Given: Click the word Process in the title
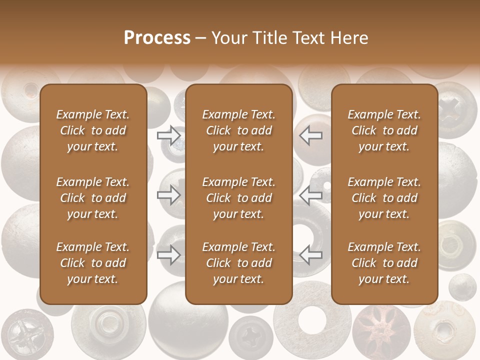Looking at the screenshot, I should pyautogui.click(x=157, y=38).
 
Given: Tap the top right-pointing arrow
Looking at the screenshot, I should pyautogui.click(x=169, y=135).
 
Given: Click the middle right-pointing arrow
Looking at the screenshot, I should pyautogui.click(x=169, y=195).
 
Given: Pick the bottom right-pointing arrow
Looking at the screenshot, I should pyautogui.click(x=169, y=255).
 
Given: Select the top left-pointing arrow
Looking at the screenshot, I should pyautogui.click(x=311, y=135).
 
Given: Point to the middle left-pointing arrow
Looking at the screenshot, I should pyautogui.click(x=311, y=195).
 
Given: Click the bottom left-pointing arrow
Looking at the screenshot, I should pyautogui.click(x=311, y=255).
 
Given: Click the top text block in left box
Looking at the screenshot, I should pyautogui.click(x=93, y=130).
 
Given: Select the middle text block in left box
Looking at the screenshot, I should pyautogui.click(x=93, y=198).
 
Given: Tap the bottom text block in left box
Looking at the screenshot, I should pyautogui.click(x=93, y=263).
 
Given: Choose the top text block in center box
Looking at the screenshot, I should pyautogui.click(x=238, y=130).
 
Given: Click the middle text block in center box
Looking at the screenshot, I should pyautogui.click(x=238, y=198).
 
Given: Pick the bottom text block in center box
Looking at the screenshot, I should pyautogui.click(x=238, y=263).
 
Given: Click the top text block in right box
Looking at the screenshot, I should pyautogui.click(x=384, y=130).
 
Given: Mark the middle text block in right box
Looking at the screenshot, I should pyautogui.click(x=384, y=198).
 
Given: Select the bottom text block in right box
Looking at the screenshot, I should pyautogui.click(x=384, y=263).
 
